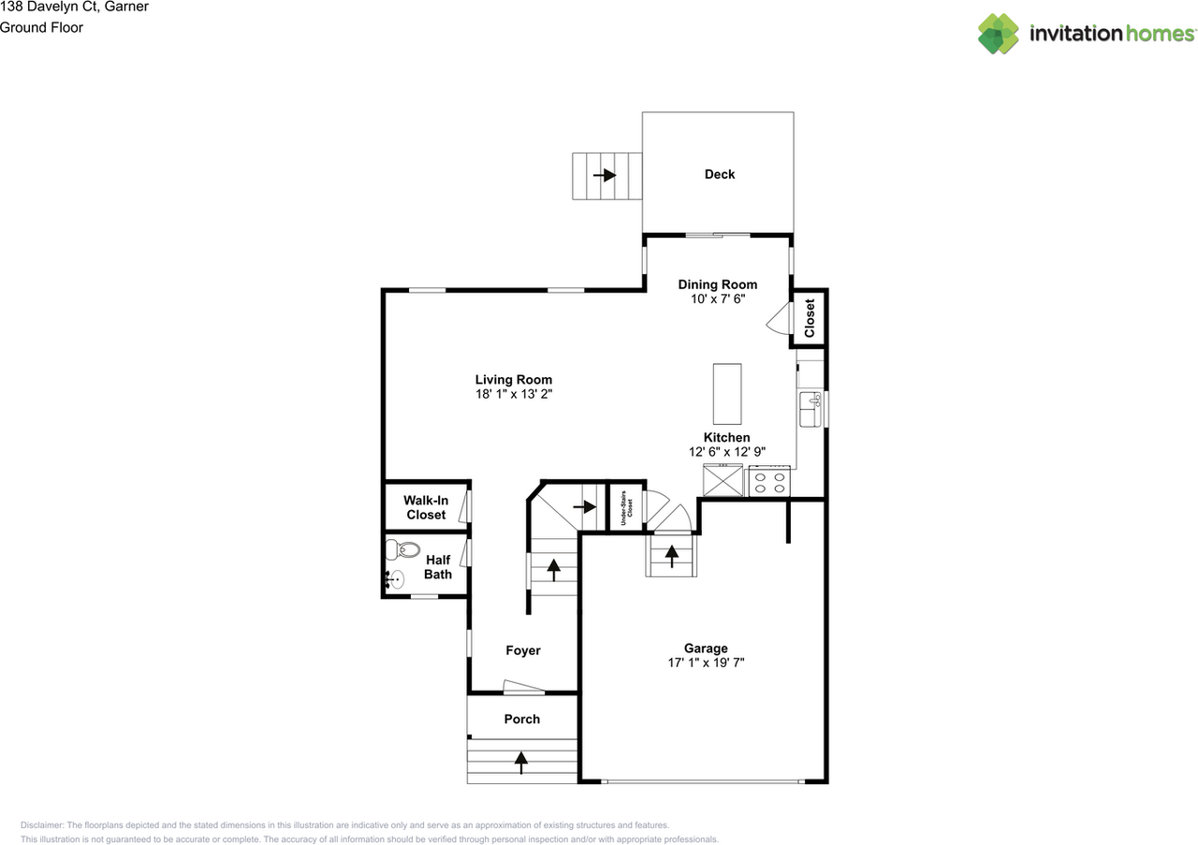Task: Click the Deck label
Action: [x=720, y=174]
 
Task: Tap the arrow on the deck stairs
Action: [x=605, y=175]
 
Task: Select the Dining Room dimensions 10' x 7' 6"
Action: [x=718, y=299]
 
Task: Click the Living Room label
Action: [x=514, y=380]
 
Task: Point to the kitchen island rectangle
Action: [x=727, y=394]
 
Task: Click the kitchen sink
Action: [x=811, y=409]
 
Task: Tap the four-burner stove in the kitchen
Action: [x=769, y=481]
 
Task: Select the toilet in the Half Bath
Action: [x=402, y=549]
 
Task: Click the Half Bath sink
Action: [x=394, y=579]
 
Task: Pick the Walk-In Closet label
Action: [x=426, y=507]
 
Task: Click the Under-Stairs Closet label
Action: [x=626, y=508]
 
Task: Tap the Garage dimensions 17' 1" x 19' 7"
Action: [x=706, y=663]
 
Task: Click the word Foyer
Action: [x=523, y=650]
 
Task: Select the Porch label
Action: [x=522, y=720]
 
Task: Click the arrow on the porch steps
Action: [x=521, y=763]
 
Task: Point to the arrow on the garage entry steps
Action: [x=672, y=556]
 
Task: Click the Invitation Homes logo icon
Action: [x=999, y=34]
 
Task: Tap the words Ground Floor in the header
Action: [x=41, y=28]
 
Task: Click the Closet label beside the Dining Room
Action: [x=810, y=318]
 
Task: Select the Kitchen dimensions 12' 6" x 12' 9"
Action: [x=727, y=452]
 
